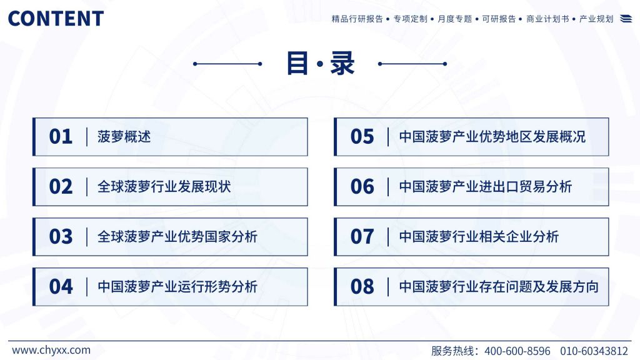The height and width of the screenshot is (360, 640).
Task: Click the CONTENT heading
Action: [x=56, y=19]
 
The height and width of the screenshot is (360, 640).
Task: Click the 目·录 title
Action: [x=321, y=63]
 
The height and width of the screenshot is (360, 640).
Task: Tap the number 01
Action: [x=61, y=137]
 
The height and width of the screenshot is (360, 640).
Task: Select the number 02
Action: [x=61, y=187]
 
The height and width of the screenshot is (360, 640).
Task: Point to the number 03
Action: [x=61, y=237]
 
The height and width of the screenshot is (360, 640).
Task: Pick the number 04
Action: [x=61, y=286]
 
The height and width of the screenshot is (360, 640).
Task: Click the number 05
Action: [x=362, y=137]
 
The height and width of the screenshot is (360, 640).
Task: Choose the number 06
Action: [x=362, y=187]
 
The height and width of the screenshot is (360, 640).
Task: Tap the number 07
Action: [x=362, y=237]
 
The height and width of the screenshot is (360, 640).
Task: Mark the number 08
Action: [x=362, y=286]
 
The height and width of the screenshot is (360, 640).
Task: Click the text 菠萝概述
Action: [x=124, y=137]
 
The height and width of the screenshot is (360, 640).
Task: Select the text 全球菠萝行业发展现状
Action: [x=164, y=187]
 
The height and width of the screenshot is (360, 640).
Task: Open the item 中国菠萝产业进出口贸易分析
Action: [x=486, y=187]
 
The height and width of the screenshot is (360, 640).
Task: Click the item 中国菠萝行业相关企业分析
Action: [x=479, y=237]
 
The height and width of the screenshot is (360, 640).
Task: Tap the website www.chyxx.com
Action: [x=51, y=350]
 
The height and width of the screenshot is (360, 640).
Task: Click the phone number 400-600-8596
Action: [x=517, y=351]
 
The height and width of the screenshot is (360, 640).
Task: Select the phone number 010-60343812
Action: [x=594, y=351]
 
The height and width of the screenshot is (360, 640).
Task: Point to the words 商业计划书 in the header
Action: [x=547, y=19]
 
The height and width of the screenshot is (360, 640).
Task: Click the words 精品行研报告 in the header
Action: [x=357, y=19]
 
